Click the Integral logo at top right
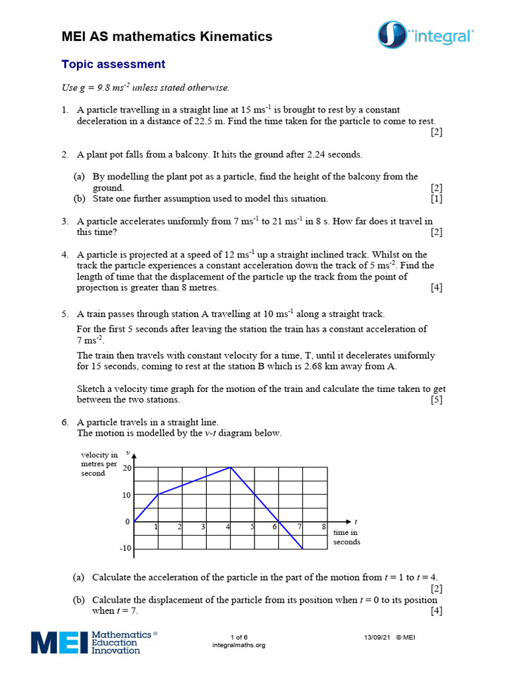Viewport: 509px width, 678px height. [x=425, y=35]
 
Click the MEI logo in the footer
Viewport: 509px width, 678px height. [x=93, y=642]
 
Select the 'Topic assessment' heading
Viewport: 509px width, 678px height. [x=113, y=64]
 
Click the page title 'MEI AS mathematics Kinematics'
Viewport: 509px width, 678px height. [x=167, y=36]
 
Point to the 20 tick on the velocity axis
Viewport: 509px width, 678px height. [x=127, y=467]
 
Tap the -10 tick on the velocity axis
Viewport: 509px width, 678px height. [x=125, y=549]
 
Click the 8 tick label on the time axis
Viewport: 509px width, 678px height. [x=323, y=527]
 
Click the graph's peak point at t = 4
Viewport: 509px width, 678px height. [x=230, y=467]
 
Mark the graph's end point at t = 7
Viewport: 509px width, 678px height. [x=302, y=549]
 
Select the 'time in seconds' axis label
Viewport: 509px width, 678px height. [x=346, y=537]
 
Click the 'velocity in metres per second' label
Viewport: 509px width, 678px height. [x=99, y=463]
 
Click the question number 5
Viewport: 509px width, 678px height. [x=65, y=314]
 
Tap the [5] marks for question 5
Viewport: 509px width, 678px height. [x=436, y=400]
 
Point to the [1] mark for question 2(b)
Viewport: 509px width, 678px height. [x=436, y=199]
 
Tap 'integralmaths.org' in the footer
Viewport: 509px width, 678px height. [x=239, y=645]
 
